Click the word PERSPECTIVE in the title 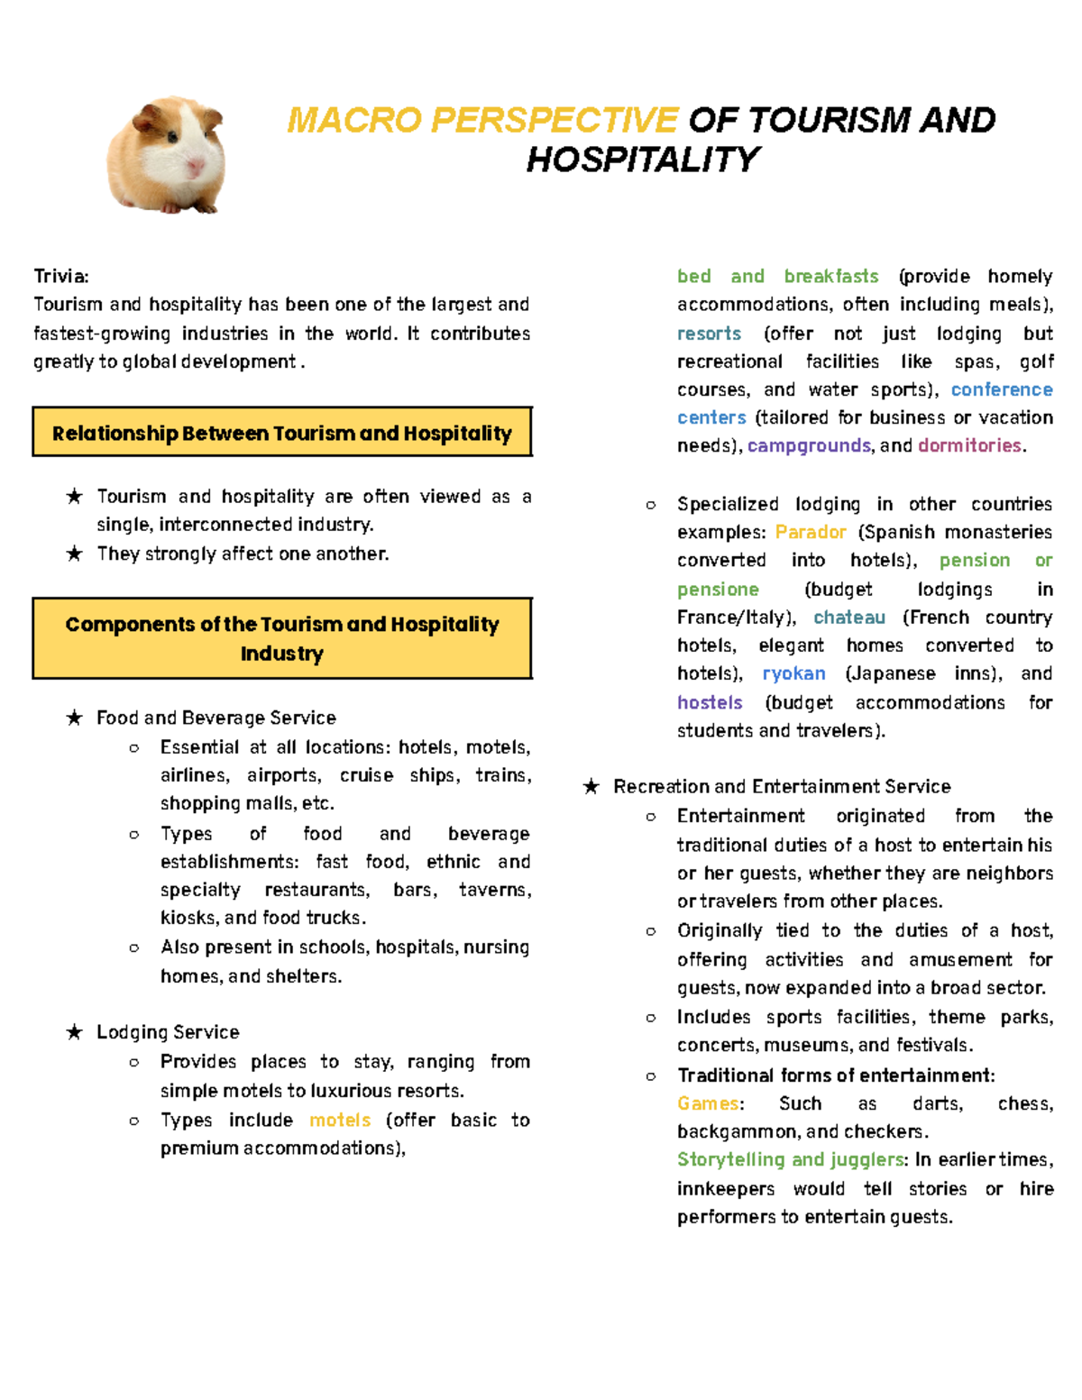click(554, 120)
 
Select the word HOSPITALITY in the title click(642, 160)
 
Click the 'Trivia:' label click(61, 276)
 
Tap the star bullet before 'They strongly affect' click(74, 554)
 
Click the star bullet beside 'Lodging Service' click(74, 1032)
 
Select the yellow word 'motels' click(340, 1120)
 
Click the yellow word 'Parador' click(810, 532)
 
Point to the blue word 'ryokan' click(793, 673)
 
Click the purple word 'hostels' click(710, 702)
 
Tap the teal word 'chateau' click(848, 618)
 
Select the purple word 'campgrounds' click(809, 445)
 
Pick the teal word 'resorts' click(709, 334)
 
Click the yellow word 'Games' click(708, 1103)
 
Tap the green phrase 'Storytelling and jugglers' click(790, 1159)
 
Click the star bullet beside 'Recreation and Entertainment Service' click(591, 787)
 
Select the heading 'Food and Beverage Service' click(216, 718)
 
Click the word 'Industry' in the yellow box click(281, 654)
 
